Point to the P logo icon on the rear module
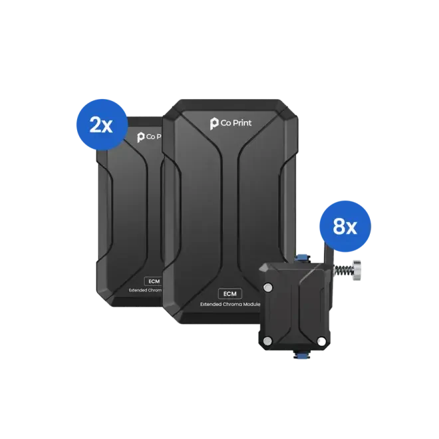tap(141, 136)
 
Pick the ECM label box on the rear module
tap(153, 281)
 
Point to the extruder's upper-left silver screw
tap(269, 287)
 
